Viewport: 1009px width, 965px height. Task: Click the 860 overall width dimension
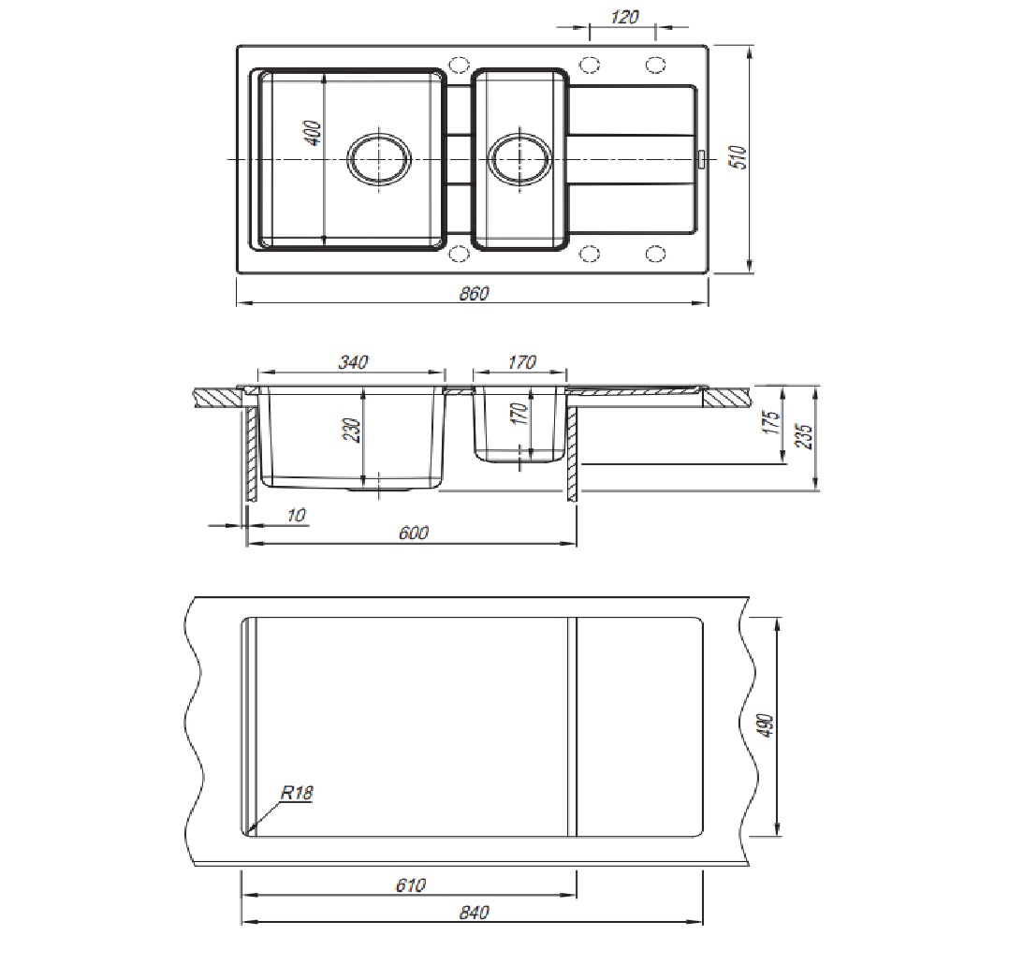point(475,293)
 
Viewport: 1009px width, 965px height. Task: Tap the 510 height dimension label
point(740,157)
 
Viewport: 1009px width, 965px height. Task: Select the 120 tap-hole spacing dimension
point(623,16)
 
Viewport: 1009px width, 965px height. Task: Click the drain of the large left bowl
point(379,158)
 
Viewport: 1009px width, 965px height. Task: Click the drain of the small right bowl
point(520,158)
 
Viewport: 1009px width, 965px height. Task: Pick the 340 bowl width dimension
point(353,362)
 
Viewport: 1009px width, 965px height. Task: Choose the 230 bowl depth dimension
point(352,430)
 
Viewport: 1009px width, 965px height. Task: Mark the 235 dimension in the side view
point(805,436)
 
